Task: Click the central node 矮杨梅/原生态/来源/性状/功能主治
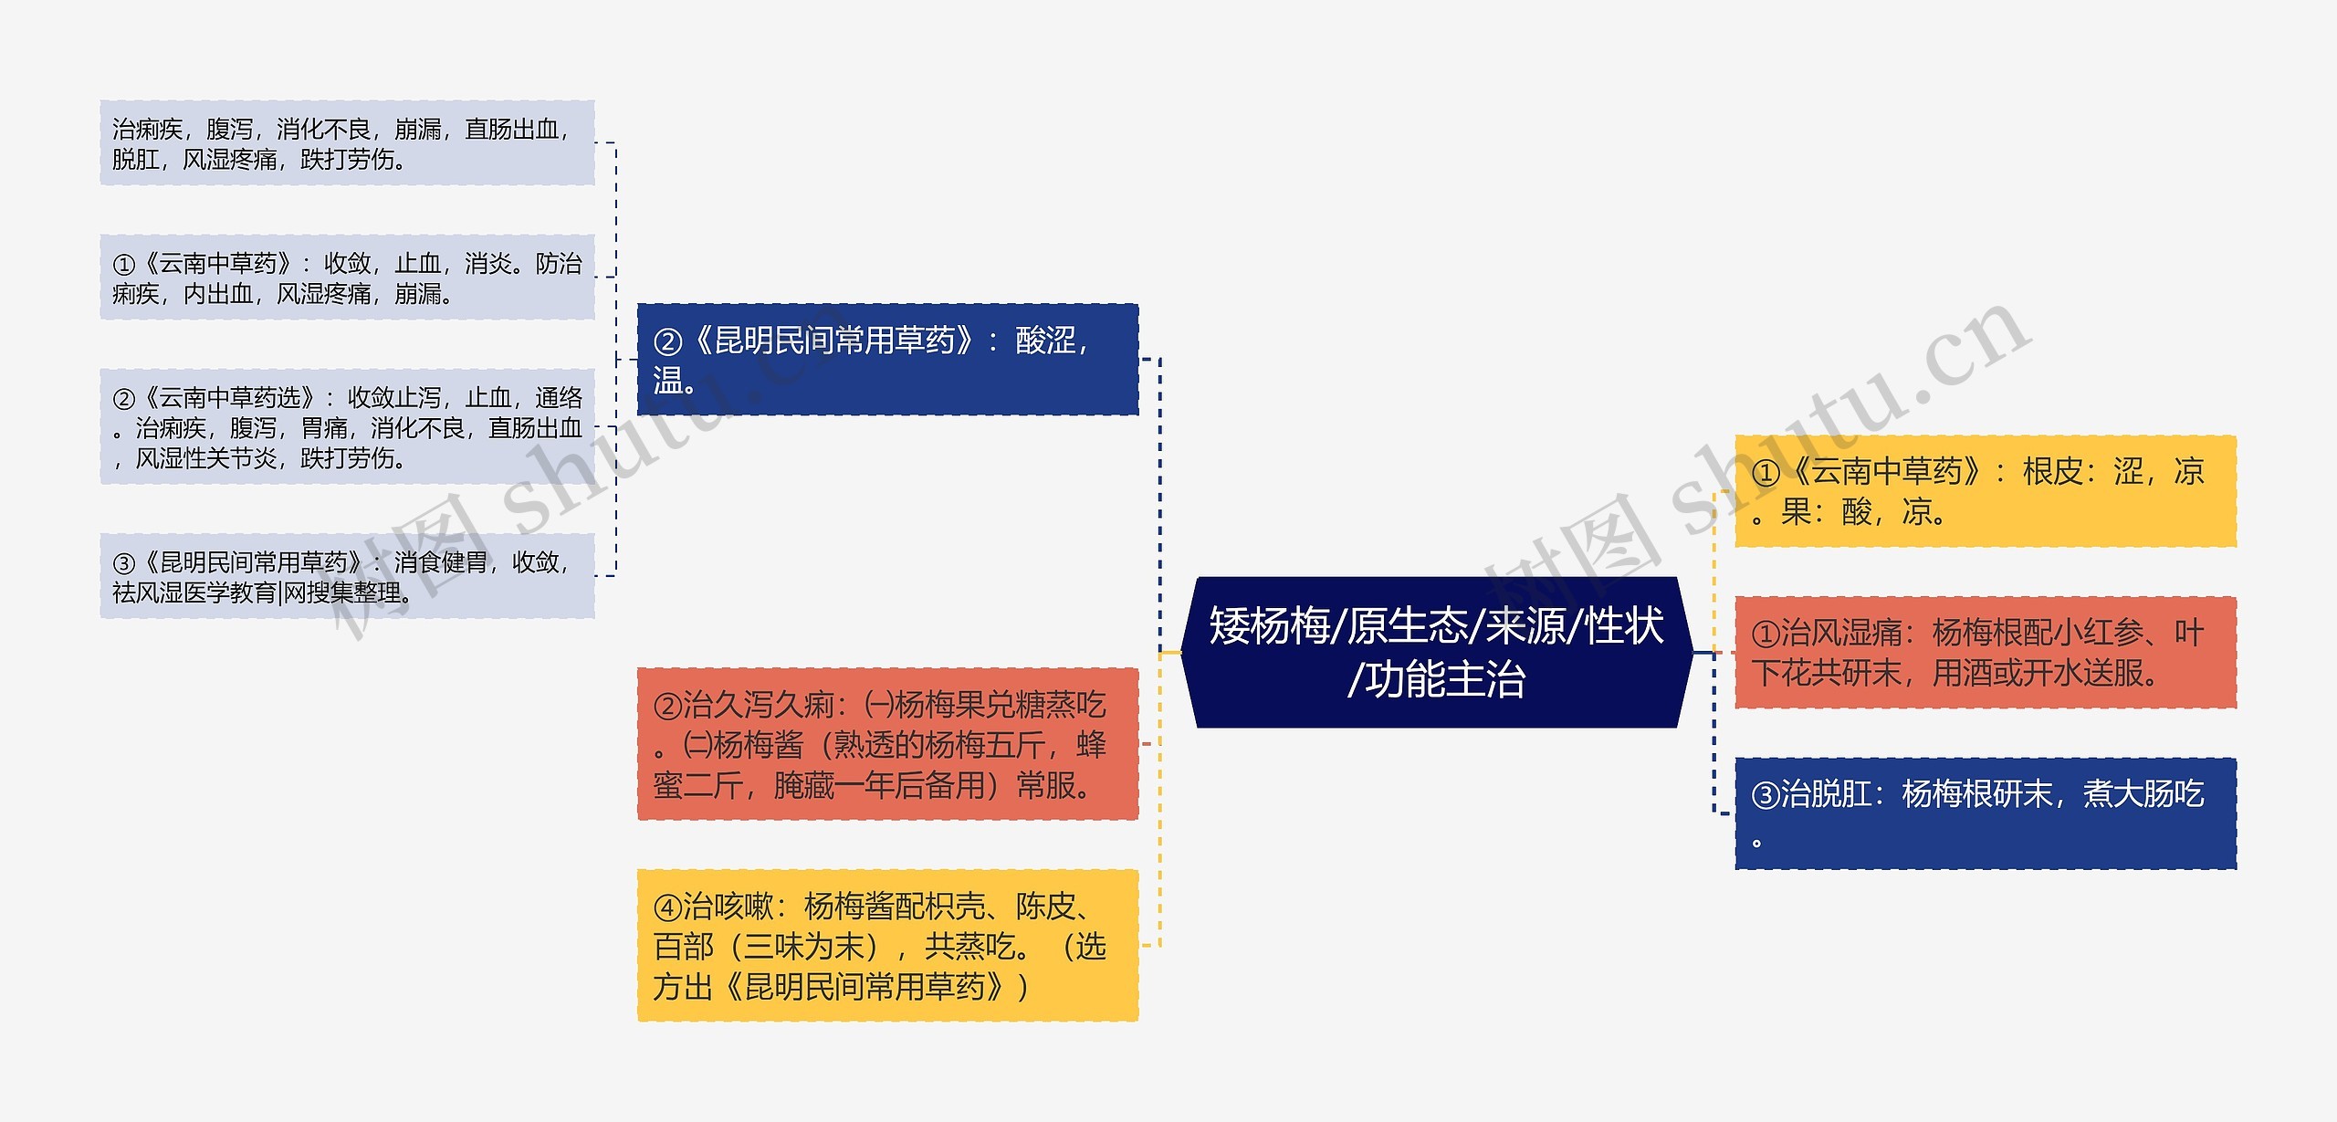[x=1436, y=652]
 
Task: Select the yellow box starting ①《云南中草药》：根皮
[x=1985, y=491]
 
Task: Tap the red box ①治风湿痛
[x=1985, y=652]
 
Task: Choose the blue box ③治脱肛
[x=1985, y=813]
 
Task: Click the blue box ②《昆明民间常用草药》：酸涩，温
[x=887, y=360]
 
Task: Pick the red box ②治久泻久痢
[x=887, y=743]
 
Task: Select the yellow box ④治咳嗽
[x=887, y=945]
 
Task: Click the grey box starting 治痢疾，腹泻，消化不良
[x=347, y=143]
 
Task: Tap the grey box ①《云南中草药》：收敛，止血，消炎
[x=347, y=278]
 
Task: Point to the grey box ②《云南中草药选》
[x=347, y=426]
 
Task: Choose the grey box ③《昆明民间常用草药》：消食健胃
[x=347, y=576]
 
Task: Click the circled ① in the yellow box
[x=1766, y=473]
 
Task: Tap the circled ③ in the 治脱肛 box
[x=1766, y=795]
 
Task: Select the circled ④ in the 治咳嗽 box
[x=667, y=907]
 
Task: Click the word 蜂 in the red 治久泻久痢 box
[x=1091, y=745]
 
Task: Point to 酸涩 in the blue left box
[x=1046, y=341]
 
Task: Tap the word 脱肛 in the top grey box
[x=135, y=160]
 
